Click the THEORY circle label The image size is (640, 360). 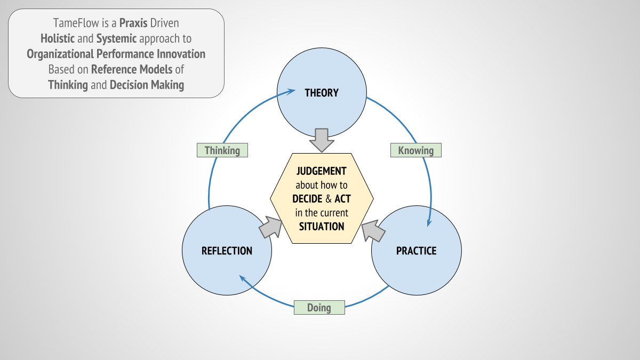322,93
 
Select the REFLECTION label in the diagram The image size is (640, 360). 227,251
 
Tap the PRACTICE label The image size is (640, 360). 417,251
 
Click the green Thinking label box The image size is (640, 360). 222,150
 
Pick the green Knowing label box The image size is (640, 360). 416,150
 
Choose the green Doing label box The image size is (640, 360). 319,307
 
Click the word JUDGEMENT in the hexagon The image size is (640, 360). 322,171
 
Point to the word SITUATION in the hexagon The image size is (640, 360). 322,227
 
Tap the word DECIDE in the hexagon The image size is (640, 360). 307,199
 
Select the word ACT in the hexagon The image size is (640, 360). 342,199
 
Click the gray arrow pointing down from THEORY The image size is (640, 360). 322,140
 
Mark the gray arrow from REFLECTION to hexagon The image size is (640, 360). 270,227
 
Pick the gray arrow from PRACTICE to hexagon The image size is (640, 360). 373,231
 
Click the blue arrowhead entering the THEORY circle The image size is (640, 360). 291,92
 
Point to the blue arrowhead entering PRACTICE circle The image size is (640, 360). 429,222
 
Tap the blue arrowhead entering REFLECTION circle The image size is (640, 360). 243,278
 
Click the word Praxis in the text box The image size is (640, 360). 133,23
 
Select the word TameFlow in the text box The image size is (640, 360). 76,23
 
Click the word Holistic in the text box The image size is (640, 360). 58,38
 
